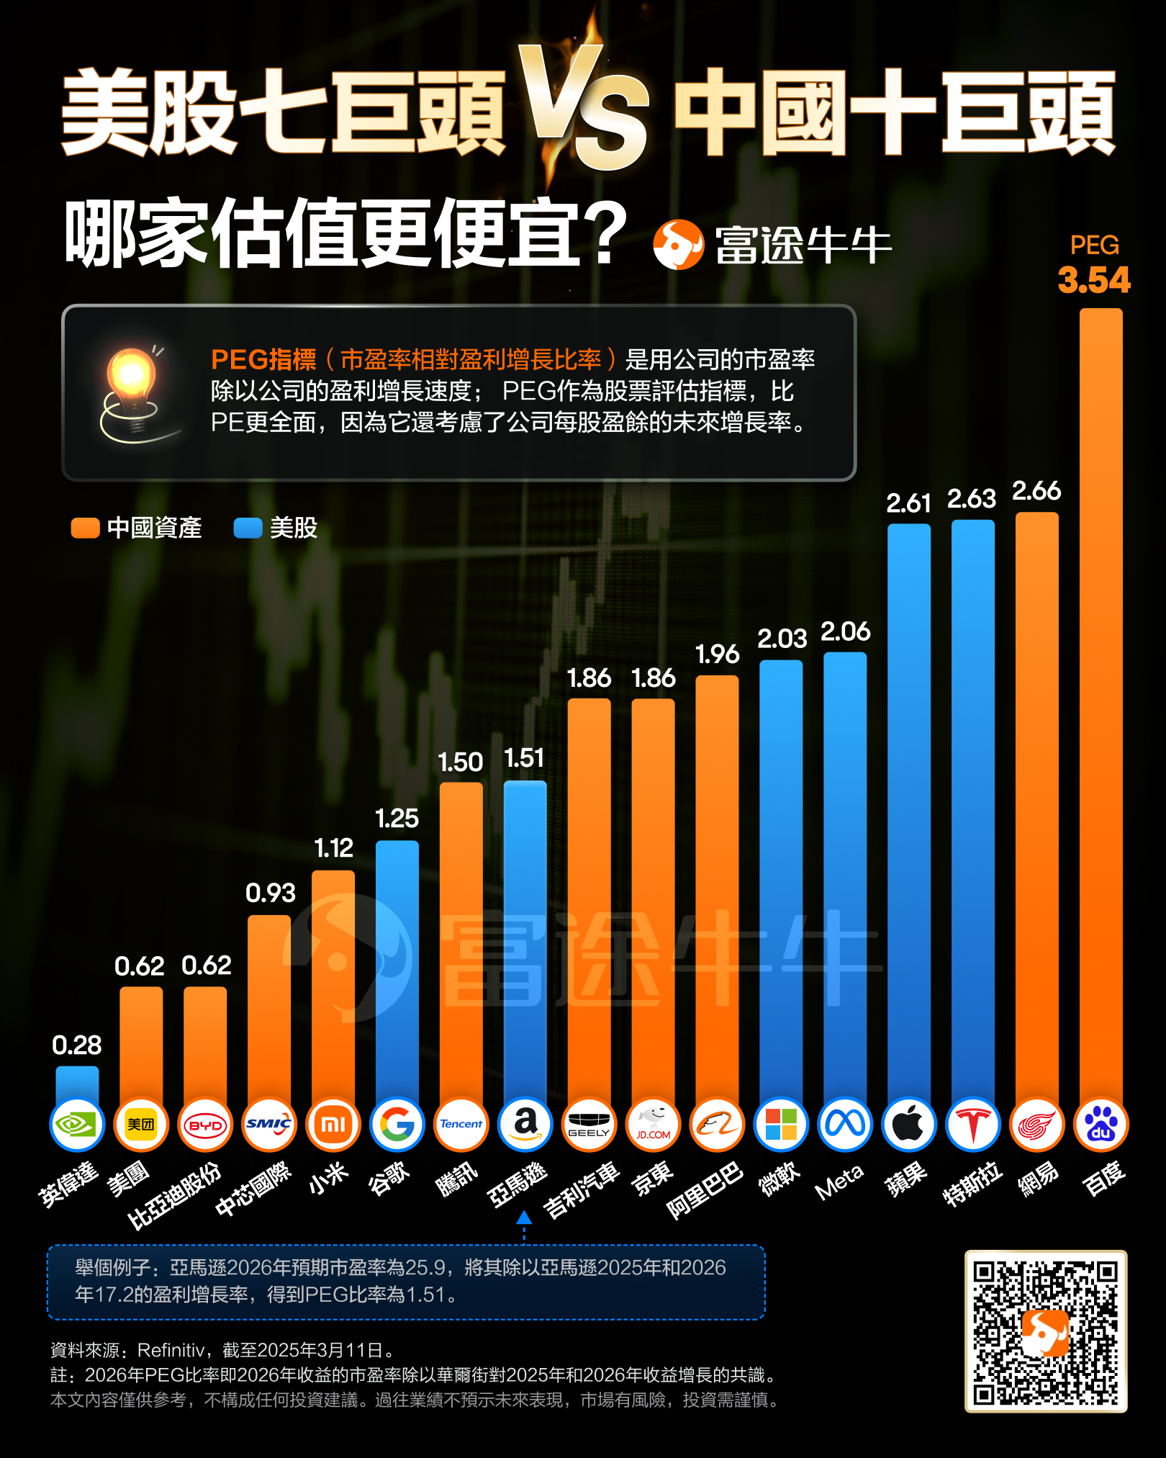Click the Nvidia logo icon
pos(77,1125)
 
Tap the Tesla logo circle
pos(972,1125)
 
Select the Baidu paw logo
pos(1101,1125)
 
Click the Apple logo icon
pos(908,1125)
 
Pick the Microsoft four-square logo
pos(781,1125)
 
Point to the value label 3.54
pos(1094,280)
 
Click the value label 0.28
pos(77,1045)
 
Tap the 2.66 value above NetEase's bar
pos(1036,491)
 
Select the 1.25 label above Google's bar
pos(397,819)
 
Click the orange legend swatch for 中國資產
pos(85,528)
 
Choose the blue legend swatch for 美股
pos(248,528)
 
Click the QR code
pos(1046,1331)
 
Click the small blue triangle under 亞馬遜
pos(524,1218)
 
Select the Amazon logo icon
pos(525,1125)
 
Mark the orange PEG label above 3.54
pos(1094,246)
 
